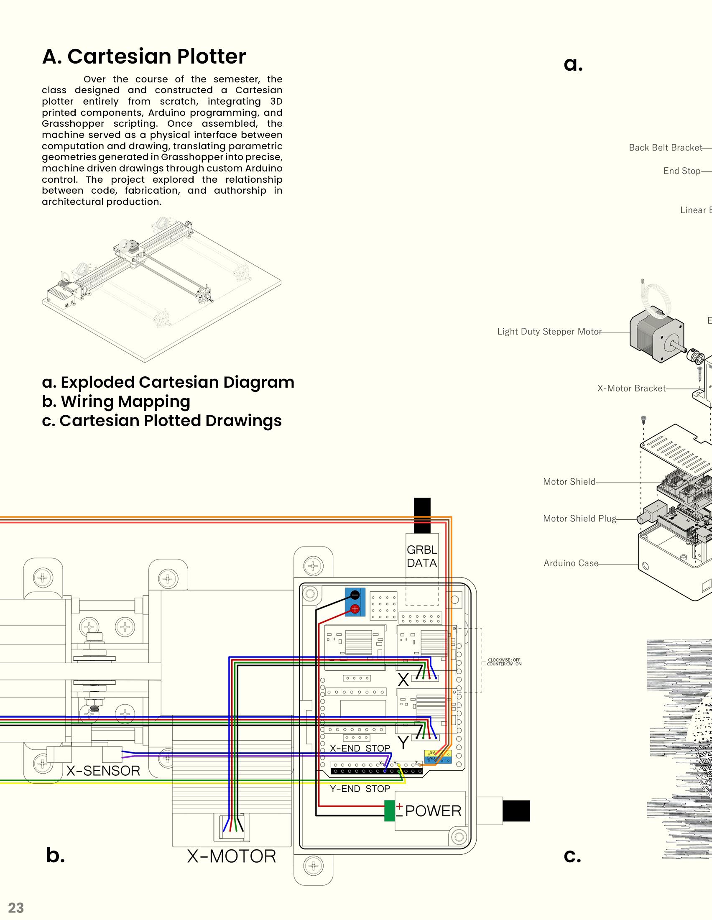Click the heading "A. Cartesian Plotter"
click(x=143, y=56)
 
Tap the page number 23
click(x=16, y=907)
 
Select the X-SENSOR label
click(x=103, y=770)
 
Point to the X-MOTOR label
click(x=232, y=856)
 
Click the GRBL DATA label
click(x=422, y=556)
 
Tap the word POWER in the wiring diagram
click(x=433, y=811)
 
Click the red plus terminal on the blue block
click(x=355, y=609)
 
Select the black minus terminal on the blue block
click(x=355, y=595)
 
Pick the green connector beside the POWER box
click(x=390, y=811)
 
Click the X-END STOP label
click(x=360, y=748)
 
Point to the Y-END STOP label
click(x=360, y=789)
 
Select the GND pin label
click(x=431, y=758)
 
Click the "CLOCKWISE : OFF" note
click(x=504, y=660)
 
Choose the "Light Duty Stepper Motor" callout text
click(x=549, y=332)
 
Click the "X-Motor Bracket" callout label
click(x=631, y=388)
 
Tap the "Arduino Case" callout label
click(x=571, y=563)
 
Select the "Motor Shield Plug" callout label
click(x=579, y=519)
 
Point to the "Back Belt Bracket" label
click(x=665, y=148)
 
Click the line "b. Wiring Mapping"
click(x=116, y=401)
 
